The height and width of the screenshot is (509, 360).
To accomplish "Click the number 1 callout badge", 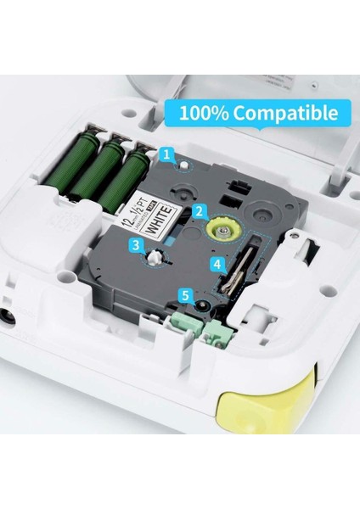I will [x=167, y=154].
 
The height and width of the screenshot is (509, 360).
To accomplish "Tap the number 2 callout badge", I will [x=198, y=210].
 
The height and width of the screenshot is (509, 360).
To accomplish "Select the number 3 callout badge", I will [x=136, y=245].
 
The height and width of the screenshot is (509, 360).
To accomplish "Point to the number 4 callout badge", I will [x=217, y=264].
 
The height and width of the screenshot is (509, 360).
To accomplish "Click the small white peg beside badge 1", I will [x=183, y=163].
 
